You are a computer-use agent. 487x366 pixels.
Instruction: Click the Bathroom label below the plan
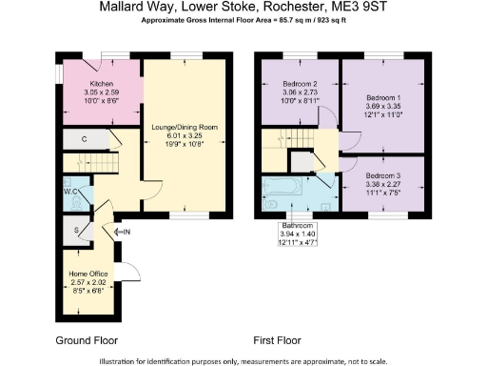299,226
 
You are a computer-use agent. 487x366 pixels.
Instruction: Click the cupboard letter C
85,140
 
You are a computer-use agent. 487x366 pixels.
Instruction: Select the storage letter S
78,231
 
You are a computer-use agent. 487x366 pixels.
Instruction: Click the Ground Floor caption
86,339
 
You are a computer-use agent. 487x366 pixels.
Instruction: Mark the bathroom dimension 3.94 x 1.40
299,234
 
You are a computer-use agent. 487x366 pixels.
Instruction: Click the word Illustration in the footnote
124,360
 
